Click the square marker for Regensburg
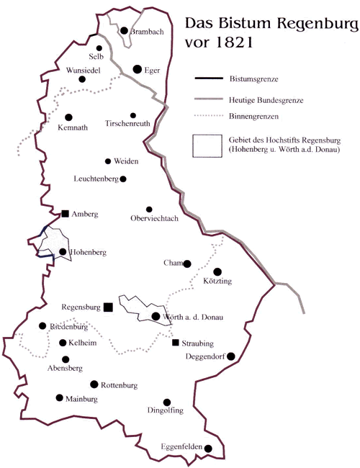[x=108, y=307]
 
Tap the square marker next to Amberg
[x=65, y=214]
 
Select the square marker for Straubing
[x=176, y=342]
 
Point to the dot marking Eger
[x=138, y=69]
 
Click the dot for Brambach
[x=124, y=30]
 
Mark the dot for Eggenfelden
[x=208, y=449]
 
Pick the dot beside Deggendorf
[x=230, y=356]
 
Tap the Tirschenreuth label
[x=127, y=123]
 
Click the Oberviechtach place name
[x=154, y=218]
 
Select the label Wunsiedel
[x=84, y=71]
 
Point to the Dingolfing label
[x=166, y=410]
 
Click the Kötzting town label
[x=217, y=281]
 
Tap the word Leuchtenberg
[x=96, y=179]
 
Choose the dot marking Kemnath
[x=68, y=117]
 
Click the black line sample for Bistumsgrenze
[x=209, y=78]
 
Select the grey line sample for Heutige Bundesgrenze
[x=209, y=99]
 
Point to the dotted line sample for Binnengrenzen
[x=209, y=116]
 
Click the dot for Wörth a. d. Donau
[x=156, y=316]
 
